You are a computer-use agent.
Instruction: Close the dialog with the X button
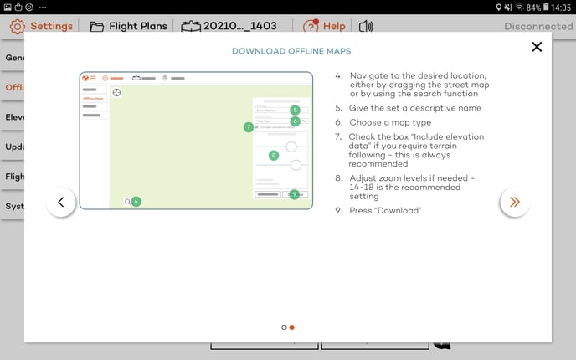[537, 47]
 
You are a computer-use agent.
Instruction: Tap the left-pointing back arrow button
[61, 202]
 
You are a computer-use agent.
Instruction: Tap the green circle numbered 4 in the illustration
[136, 201]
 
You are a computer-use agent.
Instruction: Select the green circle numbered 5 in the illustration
[295, 110]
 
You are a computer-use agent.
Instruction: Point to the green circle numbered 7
[248, 127]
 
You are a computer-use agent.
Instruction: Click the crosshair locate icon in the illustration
[116, 93]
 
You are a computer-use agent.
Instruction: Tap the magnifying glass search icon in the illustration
[126, 201]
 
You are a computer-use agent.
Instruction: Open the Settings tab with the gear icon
[41, 26]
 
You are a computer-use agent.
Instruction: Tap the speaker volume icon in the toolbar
[365, 26]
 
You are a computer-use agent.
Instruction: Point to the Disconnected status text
[537, 26]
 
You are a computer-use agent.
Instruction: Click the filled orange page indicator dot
[291, 327]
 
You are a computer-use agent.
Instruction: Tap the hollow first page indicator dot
[284, 327]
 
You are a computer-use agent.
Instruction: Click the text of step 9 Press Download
[383, 210]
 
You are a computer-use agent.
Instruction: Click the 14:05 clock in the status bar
[561, 8]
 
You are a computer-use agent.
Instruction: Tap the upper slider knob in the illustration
[291, 147]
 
